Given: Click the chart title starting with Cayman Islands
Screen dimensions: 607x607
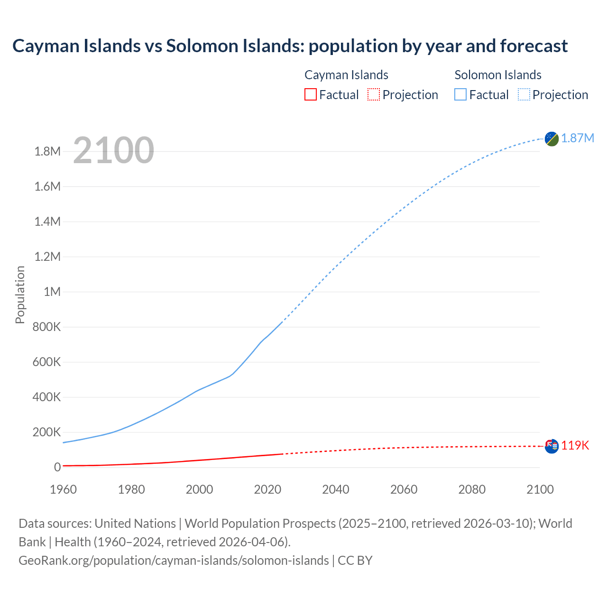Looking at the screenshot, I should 290,46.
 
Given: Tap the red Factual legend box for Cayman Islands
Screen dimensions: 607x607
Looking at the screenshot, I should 310,94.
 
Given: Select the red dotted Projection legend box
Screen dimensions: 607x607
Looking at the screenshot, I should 374,94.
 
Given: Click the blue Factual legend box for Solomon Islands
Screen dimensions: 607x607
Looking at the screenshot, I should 460,94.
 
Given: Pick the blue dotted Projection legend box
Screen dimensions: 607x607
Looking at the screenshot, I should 524,94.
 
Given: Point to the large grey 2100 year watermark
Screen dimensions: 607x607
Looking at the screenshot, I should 113,150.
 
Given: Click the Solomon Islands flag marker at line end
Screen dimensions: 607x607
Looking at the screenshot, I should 552,139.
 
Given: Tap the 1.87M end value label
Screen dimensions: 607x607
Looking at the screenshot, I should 578,138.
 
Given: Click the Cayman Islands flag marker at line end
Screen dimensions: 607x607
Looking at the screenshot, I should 552,446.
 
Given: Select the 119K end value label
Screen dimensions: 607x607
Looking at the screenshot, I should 575,445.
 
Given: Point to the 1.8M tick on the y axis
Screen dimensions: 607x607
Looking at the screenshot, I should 47,151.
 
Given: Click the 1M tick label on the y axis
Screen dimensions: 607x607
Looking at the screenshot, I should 52,292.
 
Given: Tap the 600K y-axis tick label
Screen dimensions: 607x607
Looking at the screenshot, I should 47,362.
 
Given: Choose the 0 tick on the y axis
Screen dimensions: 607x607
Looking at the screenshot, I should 57,467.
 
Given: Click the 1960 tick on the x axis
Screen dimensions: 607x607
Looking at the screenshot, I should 63,489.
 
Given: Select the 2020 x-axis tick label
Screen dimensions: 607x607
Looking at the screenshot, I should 267,489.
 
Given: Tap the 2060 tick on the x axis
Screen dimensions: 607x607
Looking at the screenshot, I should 404,489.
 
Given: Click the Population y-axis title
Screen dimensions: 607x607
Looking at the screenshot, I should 20,294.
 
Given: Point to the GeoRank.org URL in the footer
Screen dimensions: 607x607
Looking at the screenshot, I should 174,560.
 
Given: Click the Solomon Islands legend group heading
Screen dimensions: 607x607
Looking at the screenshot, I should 498,75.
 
